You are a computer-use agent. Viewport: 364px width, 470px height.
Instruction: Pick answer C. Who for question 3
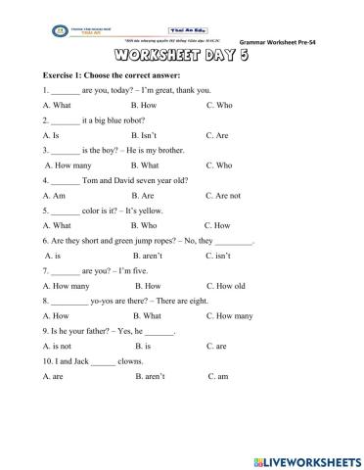(219, 165)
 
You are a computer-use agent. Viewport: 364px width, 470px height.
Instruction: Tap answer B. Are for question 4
(145, 195)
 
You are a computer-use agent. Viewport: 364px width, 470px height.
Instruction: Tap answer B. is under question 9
(143, 346)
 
